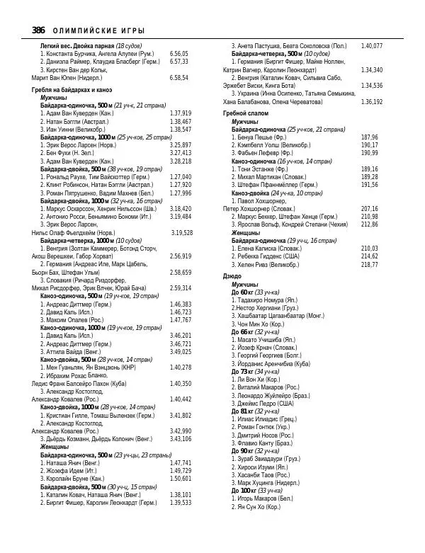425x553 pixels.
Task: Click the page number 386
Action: coord(39,30)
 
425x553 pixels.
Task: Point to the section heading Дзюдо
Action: coord(232,275)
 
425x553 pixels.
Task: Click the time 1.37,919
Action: coord(181,113)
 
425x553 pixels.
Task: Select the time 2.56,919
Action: coord(181,256)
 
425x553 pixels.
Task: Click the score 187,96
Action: coord(369,137)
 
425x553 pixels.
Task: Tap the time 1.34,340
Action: coord(371,70)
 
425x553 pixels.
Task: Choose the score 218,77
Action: coord(369,264)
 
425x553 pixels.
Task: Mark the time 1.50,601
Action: coord(181,478)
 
